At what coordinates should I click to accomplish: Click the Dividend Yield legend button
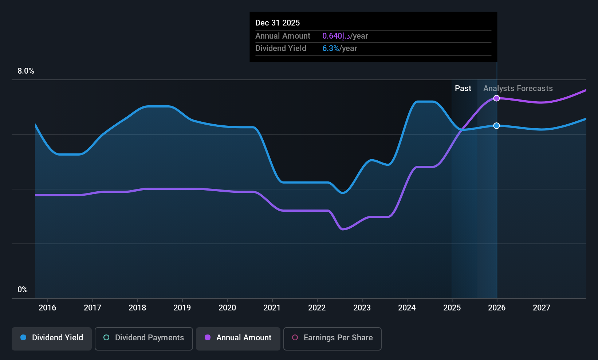point(51,339)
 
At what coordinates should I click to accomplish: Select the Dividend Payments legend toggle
point(143,339)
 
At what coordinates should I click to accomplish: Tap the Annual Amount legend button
point(238,339)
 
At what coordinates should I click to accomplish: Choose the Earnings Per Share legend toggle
point(333,339)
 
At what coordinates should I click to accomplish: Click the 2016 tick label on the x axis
point(47,308)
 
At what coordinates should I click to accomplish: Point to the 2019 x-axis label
point(182,308)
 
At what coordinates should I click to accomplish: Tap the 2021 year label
point(272,308)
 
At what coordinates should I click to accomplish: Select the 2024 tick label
point(407,308)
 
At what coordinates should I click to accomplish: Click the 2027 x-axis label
point(542,308)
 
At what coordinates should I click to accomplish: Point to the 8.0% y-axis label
point(26,71)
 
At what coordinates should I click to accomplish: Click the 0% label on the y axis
point(23,290)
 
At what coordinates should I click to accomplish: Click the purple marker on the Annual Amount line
point(496,98)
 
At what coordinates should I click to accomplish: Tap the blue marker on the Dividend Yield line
point(496,126)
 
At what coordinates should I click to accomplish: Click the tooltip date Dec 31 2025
point(278,23)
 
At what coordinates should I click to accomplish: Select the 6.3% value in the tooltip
point(330,48)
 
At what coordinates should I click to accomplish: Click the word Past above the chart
point(463,89)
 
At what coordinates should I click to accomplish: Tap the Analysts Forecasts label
point(518,89)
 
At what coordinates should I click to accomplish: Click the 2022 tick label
point(317,308)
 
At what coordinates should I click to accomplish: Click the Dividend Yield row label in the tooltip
point(281,48)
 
